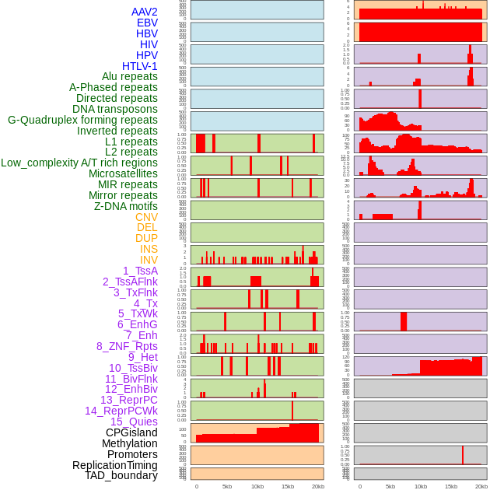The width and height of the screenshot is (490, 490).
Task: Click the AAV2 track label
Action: (x=145, y=12)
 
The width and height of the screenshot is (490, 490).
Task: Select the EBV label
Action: (x=147, y=23)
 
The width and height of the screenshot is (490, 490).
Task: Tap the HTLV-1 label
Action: (x=140, y=66)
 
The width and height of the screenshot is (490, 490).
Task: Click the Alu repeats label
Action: (x=130, y=76)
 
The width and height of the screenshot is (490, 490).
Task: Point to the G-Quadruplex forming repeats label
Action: (x=82, y=120)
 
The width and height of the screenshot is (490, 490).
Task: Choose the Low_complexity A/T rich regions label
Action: (x=79, y=163)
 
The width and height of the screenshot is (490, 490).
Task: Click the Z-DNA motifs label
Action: (x=125, y=206)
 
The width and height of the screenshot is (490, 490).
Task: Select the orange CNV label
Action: (x=146, y=217)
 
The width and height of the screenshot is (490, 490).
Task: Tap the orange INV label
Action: (x=149, y=260)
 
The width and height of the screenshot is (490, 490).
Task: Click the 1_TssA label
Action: (x=140, y=271)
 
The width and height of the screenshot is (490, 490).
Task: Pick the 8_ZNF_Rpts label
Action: (x=127, y=346)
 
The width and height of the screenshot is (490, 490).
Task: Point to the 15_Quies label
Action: (x=134, y=422)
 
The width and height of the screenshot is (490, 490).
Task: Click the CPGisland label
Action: (x=131, y=432)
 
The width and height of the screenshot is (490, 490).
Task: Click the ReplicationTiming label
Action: (x=115, y=465)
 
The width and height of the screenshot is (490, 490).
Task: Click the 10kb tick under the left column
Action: (x=257, y=486)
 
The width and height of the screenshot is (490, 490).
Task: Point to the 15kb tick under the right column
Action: (x=451, y=486)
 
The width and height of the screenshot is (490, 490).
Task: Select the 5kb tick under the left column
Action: (x=227, y=486)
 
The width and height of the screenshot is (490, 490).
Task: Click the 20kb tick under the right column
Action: (x=481, y=486)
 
